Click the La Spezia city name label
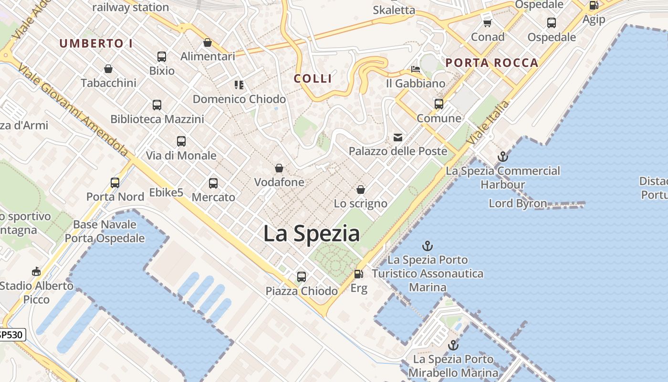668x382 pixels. (x=312, y=233)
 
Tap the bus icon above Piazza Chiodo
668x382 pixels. (x=301, y=276)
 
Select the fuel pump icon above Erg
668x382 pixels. (x=358, y=274)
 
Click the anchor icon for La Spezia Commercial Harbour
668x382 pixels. (x=502, y=157)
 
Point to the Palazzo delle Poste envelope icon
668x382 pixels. (x=397, y=138)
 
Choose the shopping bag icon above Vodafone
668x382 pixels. (x=279, y=168)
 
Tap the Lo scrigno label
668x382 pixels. (x=360, y=203)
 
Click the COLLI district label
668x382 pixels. (x=313, y=79)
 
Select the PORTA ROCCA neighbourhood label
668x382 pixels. (x=492, y=63)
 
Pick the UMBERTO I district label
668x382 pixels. (x=96, y=43)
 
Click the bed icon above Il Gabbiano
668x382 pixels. (x=416, y=70)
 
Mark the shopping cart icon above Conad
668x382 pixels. (x=487, y=23)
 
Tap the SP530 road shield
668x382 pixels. (x=10, y=335)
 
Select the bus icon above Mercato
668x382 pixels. (x=213, y=183)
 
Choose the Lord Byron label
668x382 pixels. (x=518, y=203)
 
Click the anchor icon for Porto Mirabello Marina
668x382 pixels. (x=453, y=345)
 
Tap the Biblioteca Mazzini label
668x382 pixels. (x=157, y=119)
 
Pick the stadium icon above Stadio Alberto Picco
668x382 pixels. (x=36, y=272)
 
